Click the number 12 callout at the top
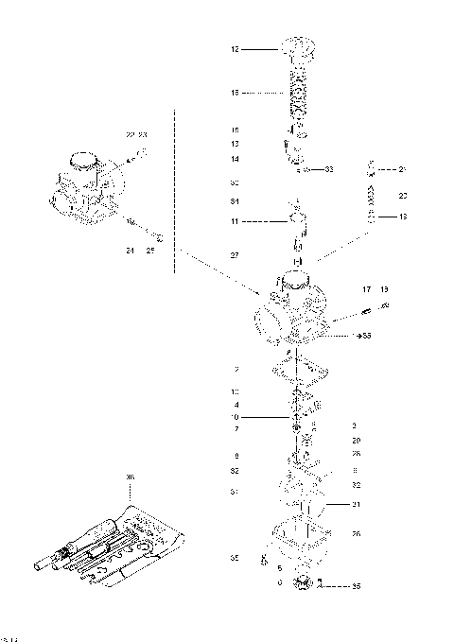(236, 48)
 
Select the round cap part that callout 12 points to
(298, 48)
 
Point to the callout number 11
(236, 221)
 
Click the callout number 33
(329, 169)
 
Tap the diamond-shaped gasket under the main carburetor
(297, 366)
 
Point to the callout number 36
(131, 478)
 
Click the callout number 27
(236, 255)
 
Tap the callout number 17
(365, 288)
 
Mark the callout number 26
(356, 534)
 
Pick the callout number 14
(236, 159)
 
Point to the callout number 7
(236, 429)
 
